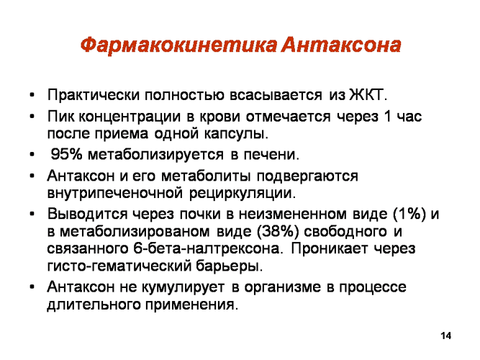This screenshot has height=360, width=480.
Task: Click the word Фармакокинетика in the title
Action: pos(178,45)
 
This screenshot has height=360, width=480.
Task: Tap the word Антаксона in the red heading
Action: pos(341,45)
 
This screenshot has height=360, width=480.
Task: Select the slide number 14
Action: pos(445,336)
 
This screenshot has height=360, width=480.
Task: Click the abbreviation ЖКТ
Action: pos(368,94)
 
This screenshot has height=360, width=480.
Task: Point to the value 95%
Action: pos(67,154)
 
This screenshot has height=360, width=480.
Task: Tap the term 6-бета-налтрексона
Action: pos(207,248)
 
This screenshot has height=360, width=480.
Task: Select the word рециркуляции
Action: pos(243,194)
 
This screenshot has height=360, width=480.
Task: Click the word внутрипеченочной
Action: pos(115,194)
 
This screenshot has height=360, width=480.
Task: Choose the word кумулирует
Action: pos(183,287)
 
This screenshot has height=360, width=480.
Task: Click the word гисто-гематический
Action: pos(119,266)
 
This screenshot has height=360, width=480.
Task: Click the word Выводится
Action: pos(87,214)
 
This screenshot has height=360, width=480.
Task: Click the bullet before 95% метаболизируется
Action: pos(32,155)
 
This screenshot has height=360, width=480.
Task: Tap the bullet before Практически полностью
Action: pos(32,95)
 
